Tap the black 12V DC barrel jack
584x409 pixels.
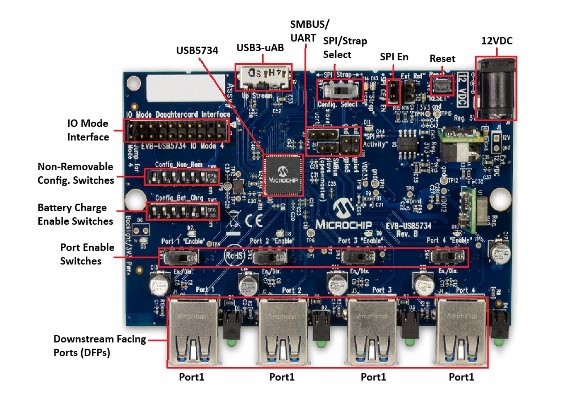[x=495, y=88]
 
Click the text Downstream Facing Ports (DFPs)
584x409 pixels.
[x=99, y=346]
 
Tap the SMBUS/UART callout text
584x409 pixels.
[x=309, y=31]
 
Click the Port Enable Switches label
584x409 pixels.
[x=87, y=254]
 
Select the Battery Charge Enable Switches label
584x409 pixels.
[x=76, y=214]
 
